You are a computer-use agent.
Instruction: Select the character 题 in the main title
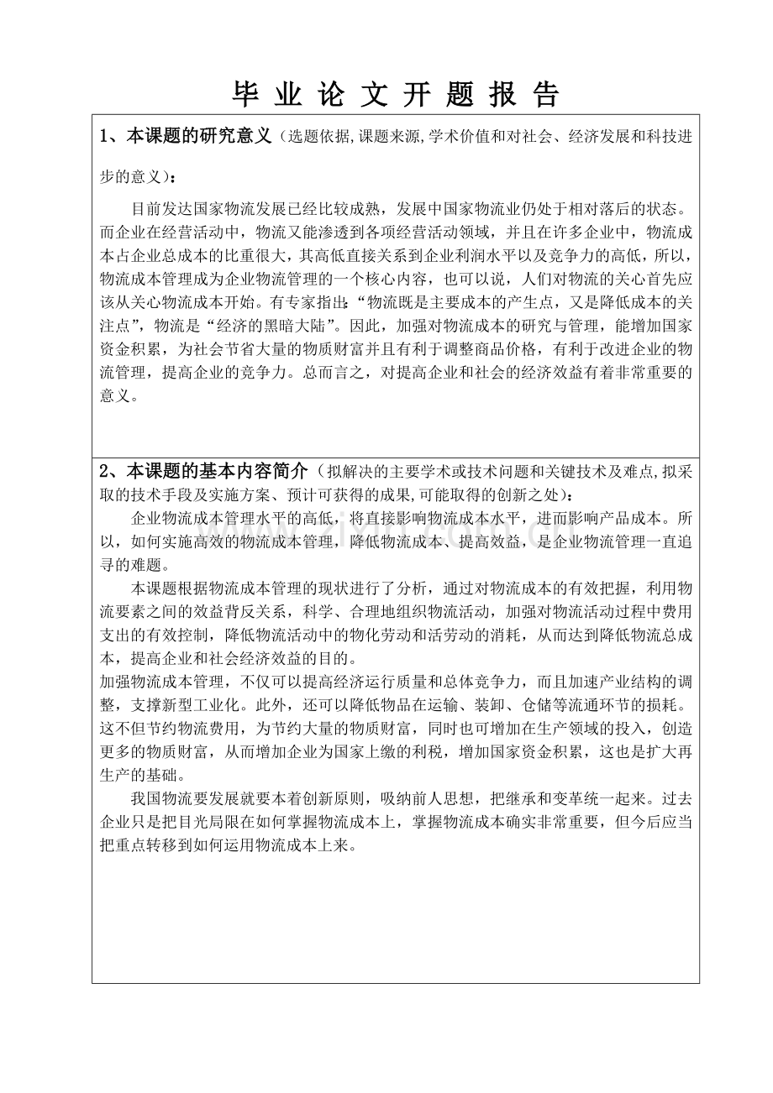click(460, 95)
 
